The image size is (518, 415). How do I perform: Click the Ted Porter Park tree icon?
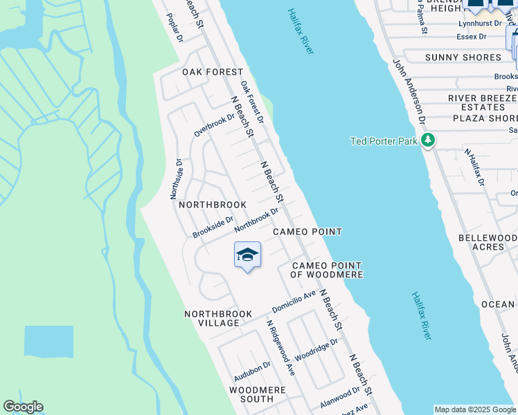[x=428, y=141]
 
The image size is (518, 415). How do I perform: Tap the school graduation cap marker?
[x=247, y=257]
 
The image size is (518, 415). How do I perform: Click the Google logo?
[x=23, y=407]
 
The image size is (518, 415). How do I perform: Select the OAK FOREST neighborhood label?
[x=213, y=72]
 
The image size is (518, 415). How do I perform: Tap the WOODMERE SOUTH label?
[x=257, y=394]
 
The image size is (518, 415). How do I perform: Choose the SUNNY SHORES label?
[x=463, y=57]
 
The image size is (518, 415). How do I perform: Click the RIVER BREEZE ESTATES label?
[x=483, y=103]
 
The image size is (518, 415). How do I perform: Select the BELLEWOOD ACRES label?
[x=488, y=242]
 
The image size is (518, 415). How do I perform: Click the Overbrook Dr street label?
[x=215, y=124]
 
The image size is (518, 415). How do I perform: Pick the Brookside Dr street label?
[x=213, y=226]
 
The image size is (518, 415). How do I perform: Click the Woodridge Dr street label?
[x=316, y=350]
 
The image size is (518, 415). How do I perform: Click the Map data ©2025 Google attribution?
[x=475, y=409]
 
